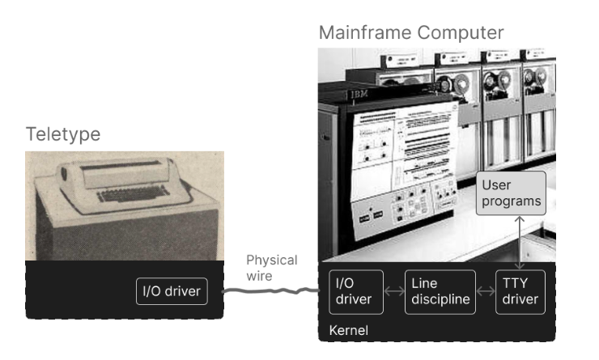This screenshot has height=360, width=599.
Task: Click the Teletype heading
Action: tap(63, 134)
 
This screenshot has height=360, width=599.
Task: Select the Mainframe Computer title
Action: tap(411, 33)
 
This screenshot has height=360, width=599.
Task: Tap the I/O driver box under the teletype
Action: tap(171, 291)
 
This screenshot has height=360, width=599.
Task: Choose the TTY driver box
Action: tap(520, 291)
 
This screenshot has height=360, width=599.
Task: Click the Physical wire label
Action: tap(271, 268)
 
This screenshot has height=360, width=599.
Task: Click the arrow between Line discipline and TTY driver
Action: tap(483, 291)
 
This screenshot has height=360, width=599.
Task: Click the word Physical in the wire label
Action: tap(271, 260)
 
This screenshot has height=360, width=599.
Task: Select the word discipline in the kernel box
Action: tap(441, 299)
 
